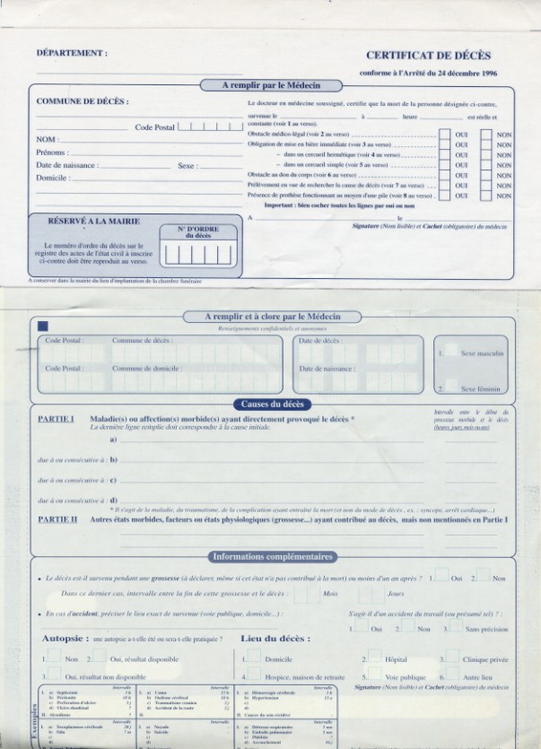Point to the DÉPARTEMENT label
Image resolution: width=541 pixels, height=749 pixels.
point(73,52)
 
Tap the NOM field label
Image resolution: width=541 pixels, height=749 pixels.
point(47,140)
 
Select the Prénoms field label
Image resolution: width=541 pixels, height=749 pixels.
point(52,152)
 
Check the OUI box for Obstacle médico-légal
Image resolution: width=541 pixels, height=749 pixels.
point(444,134)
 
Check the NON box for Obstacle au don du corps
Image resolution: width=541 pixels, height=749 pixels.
point(485,176)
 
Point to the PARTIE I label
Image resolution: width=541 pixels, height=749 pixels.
point(56,420)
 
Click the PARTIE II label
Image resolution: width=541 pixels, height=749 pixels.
point(57,519)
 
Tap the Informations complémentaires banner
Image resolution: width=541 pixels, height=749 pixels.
point(273,556)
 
